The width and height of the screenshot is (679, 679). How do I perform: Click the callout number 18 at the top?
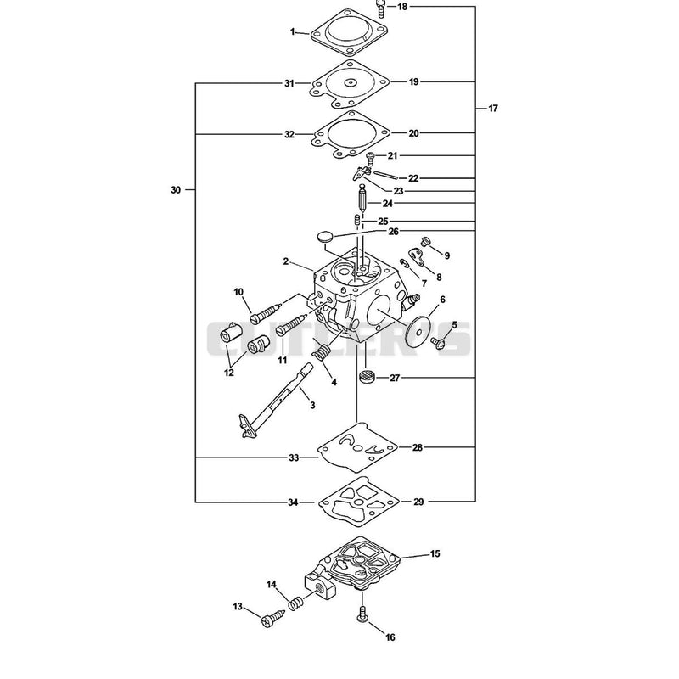pos(402,7)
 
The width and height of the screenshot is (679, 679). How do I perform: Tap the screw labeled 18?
pos(380,8)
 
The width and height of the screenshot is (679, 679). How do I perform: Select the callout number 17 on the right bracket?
pos(493,109)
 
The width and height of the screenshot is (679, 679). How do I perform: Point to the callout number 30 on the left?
pos(176,189)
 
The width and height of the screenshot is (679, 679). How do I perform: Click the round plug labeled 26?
pos(325,237)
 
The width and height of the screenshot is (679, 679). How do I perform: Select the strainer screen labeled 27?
pos(367,376)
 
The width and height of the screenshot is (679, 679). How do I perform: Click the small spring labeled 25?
pos(356,221)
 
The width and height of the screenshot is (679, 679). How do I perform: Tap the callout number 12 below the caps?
pos(228,373)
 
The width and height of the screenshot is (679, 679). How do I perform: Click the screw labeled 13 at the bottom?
pos(272,618)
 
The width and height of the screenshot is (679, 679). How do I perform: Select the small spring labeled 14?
pos(295,603)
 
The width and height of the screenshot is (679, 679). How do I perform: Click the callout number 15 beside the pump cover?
pos(435,553)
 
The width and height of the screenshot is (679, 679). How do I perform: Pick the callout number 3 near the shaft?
pos(312,406)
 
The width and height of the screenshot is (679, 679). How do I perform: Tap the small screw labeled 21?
pos(370,159)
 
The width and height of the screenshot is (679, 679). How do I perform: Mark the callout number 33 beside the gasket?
pos(294,457)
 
